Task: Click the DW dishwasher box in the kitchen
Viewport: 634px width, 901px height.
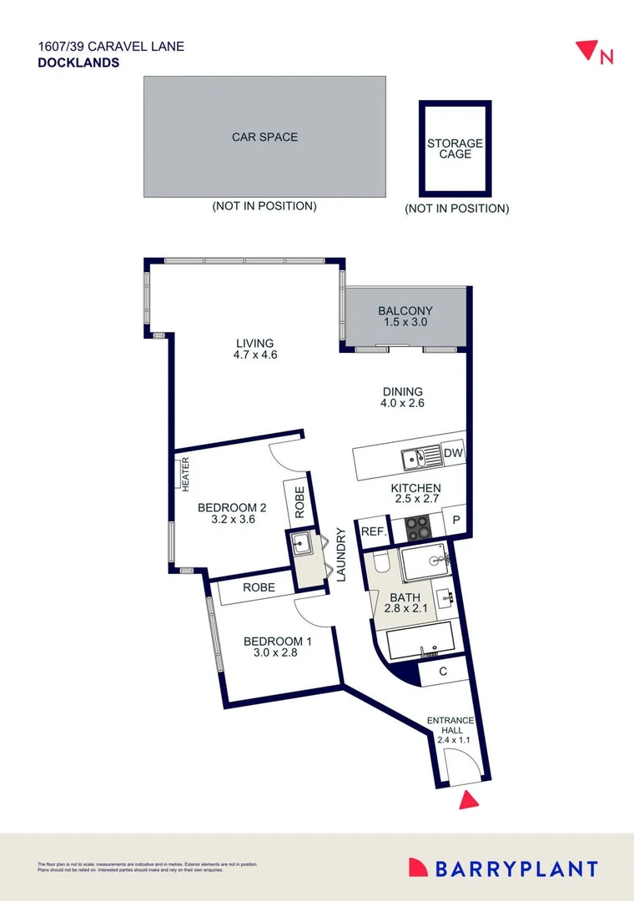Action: [x=453, y=453]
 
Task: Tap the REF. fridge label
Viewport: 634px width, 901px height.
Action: [x=371, y=530]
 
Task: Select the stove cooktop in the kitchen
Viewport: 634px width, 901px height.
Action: [x=417, y=527]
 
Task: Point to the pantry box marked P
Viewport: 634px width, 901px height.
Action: [x=455, y=519]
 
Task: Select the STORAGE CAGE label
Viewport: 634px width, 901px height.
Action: [x=455, y=148]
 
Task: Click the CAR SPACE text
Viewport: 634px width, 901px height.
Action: [x=264, y=137]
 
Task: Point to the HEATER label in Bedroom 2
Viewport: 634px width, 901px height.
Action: [x=186, y=473]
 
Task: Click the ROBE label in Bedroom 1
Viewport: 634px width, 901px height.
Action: [x=259, y=587]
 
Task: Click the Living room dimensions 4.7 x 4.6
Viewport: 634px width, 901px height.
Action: [x=254, y=355]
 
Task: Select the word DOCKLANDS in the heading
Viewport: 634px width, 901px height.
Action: [x=78, y=62]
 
